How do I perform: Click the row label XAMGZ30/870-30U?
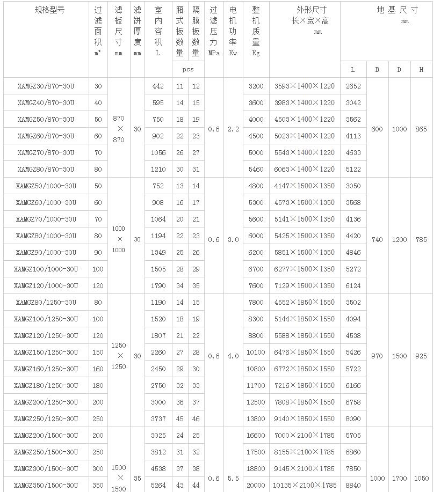pyautogui.click(x=46, y=86)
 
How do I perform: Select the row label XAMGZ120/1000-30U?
pyautogui.click(x=46, y=285)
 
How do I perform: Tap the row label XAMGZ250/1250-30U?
pyautogui.click(x=46, y=418)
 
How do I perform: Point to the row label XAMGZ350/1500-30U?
pyautogui.click(x=46, y=485)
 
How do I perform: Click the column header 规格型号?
pyautogui.click(x=46, y=10)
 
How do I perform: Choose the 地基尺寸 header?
pyautogui.click(x=397, y=10)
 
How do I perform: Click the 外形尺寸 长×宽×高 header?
pyautogui.click(x=304, y=15)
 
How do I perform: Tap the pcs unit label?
pyautogui.click(x=188, y=69)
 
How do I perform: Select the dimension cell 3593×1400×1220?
pyautogui.click(x=304, y=86)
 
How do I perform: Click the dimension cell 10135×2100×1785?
pyautogui.click(x=304, y=485)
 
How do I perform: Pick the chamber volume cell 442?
pyautogui.click(x=158, y=86)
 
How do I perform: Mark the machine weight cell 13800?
pyautogui.click(x=256, y=418)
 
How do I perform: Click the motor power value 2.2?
pyautogui.click(x=233, y=129)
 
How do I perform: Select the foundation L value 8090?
pyautogui.click(x=353, y=418)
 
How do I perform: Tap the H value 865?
pyautogui.click(x=421, y=129)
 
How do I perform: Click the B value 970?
pyautogui.click(x=377, y=356)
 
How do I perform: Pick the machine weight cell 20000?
pyautogui.click(x=256, y=485)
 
